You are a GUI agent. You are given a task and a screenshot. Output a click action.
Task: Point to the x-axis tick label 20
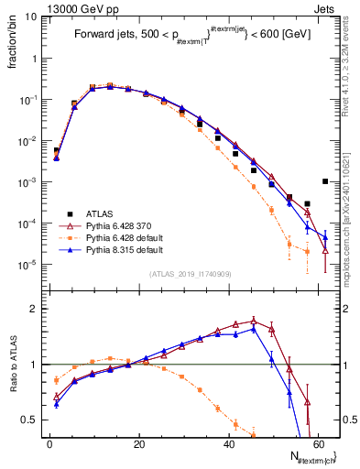click(138, 443)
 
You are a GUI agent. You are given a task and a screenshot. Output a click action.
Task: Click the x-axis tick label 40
click(228, 443)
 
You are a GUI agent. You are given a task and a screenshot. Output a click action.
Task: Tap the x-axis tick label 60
click(317, 443)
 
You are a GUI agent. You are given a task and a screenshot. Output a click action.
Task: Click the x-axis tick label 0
click(49, 443)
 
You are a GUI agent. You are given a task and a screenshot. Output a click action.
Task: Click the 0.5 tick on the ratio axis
click(29, 420)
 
